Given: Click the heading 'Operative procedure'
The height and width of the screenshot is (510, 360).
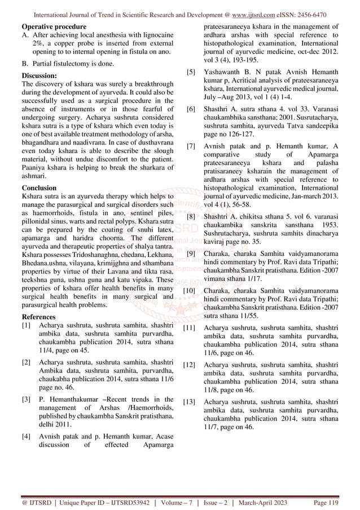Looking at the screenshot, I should coord(50,27).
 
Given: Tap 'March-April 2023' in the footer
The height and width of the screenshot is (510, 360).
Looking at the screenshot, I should coord(269,500).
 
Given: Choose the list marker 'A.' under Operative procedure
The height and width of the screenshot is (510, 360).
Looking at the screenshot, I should coord(24,37).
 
